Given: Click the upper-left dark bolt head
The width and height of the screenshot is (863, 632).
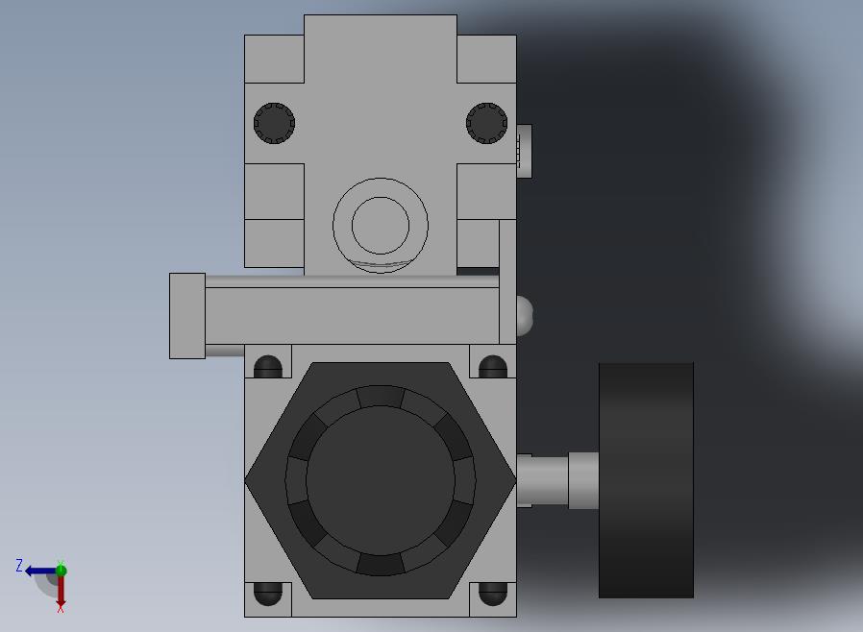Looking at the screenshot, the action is [x=274, y=123].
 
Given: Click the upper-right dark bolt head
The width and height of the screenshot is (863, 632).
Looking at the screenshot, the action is [x=486, y=123].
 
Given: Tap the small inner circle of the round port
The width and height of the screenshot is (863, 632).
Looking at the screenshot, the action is [x=381, y=226].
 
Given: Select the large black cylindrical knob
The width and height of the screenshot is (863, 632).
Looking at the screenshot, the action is [x=646, y=480].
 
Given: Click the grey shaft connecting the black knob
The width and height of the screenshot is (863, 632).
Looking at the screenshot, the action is [x=557, y=480].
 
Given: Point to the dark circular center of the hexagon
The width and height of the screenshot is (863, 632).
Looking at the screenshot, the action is [x=381, y=480].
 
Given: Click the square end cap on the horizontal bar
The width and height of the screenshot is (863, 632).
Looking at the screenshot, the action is [x=187, y=316].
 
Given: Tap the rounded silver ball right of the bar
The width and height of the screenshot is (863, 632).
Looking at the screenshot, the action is [x=525, y=316].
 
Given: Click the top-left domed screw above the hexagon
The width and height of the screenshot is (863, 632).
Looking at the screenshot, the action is [x=268, y=367].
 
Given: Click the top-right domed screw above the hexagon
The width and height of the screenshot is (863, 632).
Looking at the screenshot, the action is [x=493, y=367].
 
